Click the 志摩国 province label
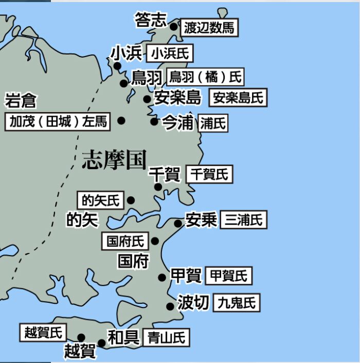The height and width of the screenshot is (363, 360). (114, 160)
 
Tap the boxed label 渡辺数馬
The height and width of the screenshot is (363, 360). (209, 28)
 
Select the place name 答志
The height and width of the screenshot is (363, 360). (151, 20)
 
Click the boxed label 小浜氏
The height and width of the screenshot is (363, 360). (170, 53)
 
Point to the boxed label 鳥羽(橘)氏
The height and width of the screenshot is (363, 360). (205, 78)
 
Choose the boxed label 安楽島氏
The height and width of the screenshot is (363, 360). (238, 97)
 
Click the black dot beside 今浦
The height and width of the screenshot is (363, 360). (154, 122)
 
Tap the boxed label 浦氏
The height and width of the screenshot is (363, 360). (213, 123)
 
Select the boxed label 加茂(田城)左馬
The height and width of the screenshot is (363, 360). (58, 121)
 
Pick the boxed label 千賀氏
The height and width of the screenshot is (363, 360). (209, 174)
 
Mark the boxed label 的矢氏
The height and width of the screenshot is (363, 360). (100, 199)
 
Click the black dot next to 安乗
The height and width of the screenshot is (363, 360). (177, 223)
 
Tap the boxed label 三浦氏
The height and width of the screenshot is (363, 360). (244, 220)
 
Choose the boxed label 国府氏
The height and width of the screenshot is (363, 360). (125, 241)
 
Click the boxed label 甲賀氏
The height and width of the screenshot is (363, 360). (228, 276)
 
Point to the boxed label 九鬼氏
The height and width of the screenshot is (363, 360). (237, 302)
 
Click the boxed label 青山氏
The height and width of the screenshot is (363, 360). (166, 337)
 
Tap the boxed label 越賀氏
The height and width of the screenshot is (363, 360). (43, 333)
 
